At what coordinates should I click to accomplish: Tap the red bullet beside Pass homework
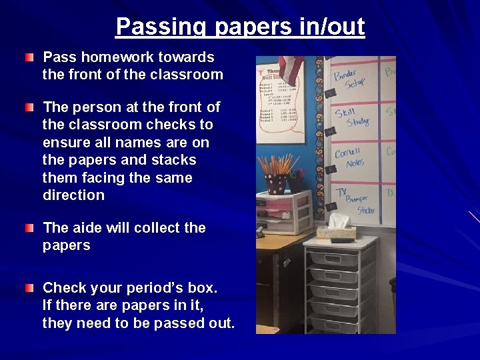coord(29,58)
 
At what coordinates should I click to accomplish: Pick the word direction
coord(73,195)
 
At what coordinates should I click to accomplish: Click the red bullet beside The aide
coord(29,229)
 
